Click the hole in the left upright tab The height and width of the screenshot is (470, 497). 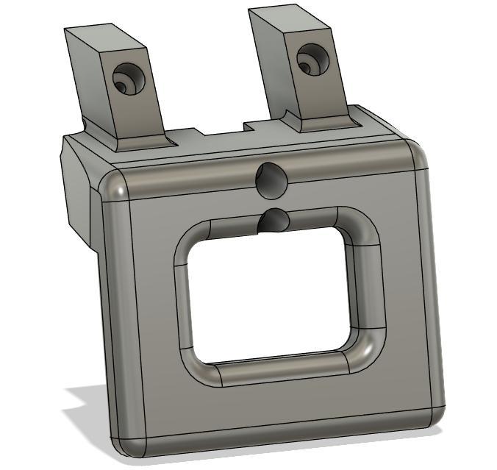tap(127, 79)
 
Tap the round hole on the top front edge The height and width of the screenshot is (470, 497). tap(271, 179)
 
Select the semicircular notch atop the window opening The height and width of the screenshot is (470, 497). tap(274, 220)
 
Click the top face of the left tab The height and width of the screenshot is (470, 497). tap(95, 35)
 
